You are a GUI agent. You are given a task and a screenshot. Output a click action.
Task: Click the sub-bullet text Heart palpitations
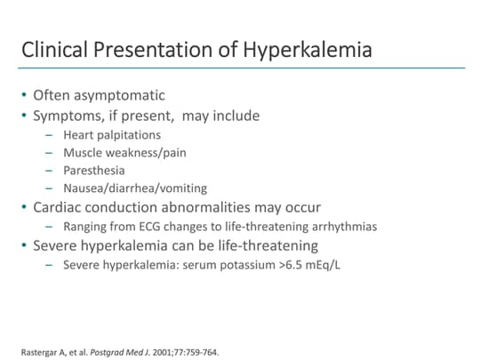pyautogui.click(x=112, y=134)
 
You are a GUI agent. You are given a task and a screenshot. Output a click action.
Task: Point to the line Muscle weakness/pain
pyautogui.click(x=124, y=152)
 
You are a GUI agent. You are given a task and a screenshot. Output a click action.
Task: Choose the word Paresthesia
pyautogui.click(x=94, y=170)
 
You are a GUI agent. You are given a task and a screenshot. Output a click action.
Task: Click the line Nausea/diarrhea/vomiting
pyautogui.click(x=135, y=188)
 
